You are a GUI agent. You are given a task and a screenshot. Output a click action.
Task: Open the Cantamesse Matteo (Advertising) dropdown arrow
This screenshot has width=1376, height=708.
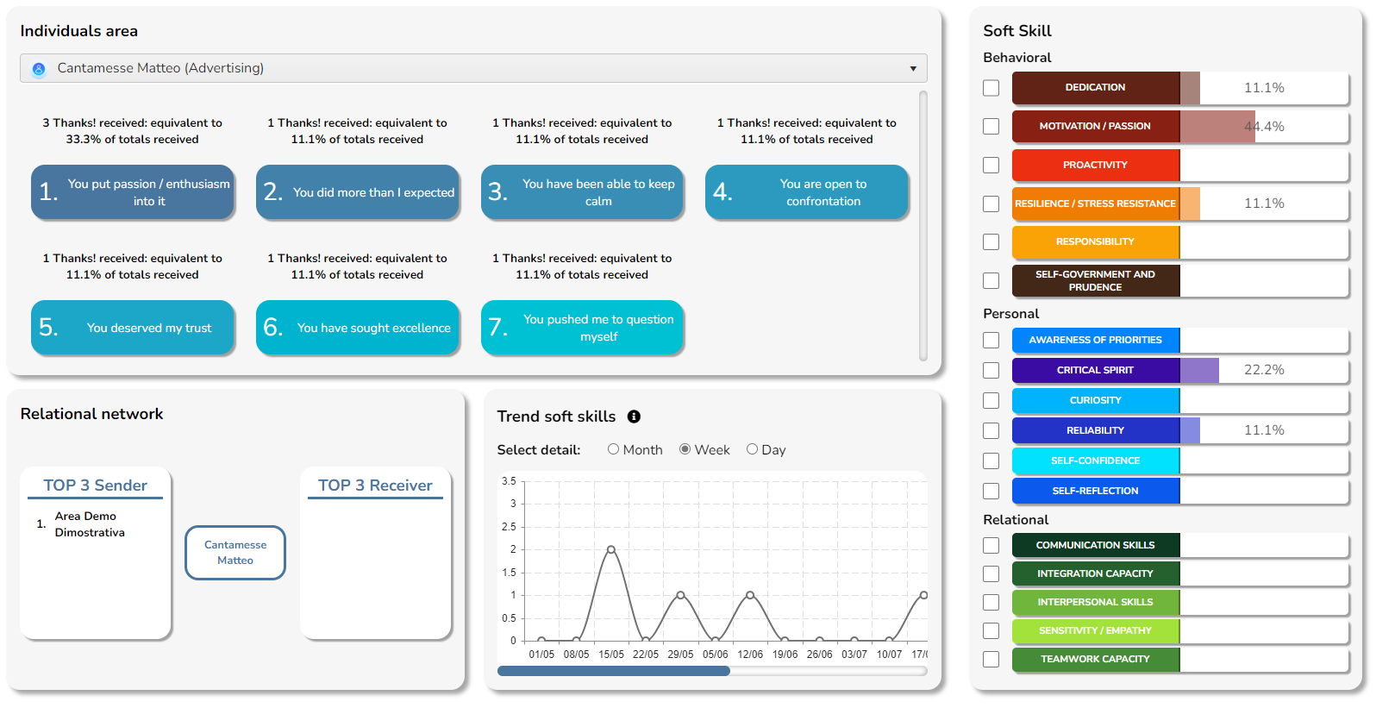(x=913, y=69)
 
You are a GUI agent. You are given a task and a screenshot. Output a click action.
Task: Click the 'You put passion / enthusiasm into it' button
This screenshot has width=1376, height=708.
(x=133, y=192)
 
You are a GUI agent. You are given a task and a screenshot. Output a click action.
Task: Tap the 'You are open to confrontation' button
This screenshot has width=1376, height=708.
(x=807, y=192)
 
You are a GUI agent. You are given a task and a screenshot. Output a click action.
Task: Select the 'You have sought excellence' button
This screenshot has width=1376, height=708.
(x=358, y=328)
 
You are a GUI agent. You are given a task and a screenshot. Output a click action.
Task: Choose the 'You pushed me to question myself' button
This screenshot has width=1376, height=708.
(x=582, y=328)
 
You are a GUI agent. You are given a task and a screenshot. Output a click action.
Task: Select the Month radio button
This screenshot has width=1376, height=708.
(x=613, y=449)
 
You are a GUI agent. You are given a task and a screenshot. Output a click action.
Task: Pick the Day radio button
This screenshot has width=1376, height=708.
(x=752, y=449)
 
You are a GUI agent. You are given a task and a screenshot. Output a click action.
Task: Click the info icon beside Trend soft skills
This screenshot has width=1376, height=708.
(x=634, y=417)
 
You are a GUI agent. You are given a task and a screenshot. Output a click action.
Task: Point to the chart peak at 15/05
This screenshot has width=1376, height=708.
(x=610, y=549)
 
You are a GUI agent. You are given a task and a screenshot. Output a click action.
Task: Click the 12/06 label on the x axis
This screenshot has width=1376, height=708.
(x=750, y=655)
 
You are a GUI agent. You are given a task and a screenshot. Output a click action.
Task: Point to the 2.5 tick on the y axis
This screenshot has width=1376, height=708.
(x=509, y=527)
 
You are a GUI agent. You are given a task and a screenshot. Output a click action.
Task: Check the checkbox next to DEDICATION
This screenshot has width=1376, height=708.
(x=991, y=88)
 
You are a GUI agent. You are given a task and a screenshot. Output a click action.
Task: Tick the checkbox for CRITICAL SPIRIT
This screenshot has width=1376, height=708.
(x=991, y=370)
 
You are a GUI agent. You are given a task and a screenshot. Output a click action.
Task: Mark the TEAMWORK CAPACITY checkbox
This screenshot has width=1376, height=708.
(x=991, y=659)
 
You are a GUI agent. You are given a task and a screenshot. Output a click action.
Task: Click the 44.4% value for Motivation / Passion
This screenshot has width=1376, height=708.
(x=1264, y=127)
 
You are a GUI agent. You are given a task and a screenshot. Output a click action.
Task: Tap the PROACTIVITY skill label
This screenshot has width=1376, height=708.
(x=1095, y=165)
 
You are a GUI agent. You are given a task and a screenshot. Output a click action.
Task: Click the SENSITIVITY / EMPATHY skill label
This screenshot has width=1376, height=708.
(x=1095, y=630)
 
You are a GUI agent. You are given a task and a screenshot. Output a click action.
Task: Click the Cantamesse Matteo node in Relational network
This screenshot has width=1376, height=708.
(x=235, y=553)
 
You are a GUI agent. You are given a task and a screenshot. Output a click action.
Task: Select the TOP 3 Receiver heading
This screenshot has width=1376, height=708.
(x=375, y=486)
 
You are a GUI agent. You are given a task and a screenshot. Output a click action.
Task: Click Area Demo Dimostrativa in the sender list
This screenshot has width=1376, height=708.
(x=90, y=524)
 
